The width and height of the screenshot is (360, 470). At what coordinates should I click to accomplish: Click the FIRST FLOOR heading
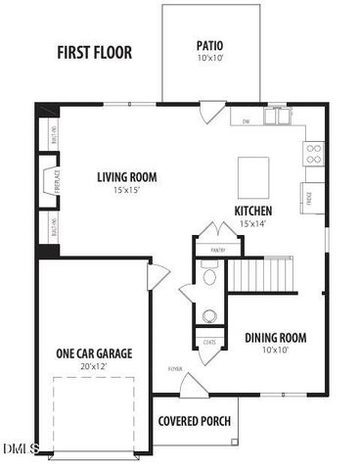click(94, 53)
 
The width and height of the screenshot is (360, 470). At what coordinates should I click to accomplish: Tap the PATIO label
click(210, 45)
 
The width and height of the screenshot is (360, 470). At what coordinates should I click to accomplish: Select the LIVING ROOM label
click(126, 177)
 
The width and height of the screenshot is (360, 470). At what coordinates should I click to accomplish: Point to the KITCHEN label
click(252, 211)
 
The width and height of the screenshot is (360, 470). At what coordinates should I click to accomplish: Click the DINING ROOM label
click(275, 338)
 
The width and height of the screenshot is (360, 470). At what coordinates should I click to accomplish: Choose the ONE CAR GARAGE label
click(94, 352)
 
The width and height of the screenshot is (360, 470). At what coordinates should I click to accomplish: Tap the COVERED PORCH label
click(195, 421)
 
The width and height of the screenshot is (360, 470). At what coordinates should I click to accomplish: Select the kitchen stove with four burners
click(314, 153)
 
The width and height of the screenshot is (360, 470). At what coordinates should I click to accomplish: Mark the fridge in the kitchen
click(313, 196)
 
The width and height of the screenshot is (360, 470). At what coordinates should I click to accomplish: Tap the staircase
click(262, 274)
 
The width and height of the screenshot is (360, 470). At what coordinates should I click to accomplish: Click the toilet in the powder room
click(209, 277)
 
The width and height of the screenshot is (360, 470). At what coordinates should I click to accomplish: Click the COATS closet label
click(210, 342)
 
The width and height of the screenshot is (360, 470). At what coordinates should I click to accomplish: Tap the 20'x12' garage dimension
click(94, 366)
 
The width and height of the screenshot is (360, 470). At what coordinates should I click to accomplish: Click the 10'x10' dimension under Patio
click(210, 58)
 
